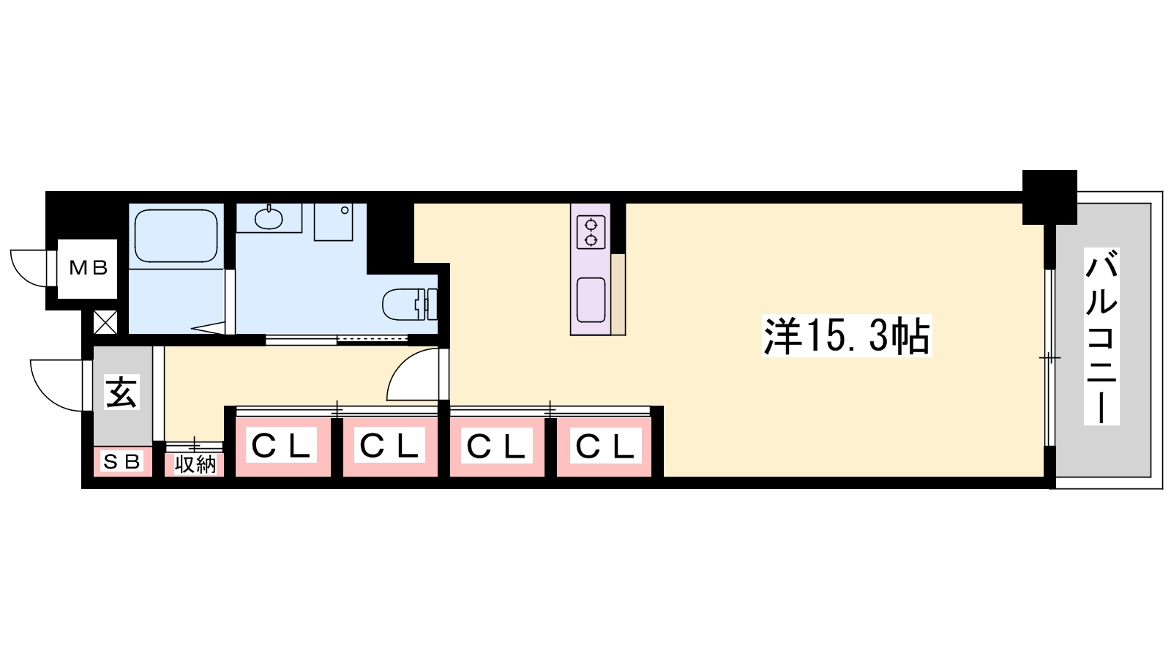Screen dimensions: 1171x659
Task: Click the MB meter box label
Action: pos(89,268)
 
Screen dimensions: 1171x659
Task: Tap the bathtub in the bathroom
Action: pos(176,236)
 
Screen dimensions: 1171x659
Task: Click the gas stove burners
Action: pos(591,233)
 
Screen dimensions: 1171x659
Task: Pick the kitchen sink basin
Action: pos(591,300)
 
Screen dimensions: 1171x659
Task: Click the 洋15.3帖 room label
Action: pos(847,336)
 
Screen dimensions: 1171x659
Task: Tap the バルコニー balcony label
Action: pos(1101,336)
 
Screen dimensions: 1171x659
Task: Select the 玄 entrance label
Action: pos(121,392)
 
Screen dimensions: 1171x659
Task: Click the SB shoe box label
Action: pos(122,461)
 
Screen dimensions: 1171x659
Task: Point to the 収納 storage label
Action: pos(195,464)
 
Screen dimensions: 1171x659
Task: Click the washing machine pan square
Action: pos(333,222)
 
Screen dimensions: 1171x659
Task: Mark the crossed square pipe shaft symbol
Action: pos(105,322)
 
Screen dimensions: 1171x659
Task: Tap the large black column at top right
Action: pos(1050,197)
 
